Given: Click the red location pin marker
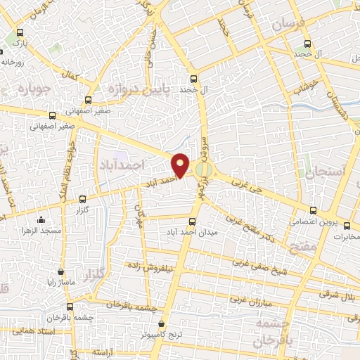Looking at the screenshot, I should [181, 165].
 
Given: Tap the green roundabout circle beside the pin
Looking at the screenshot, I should [204, 169].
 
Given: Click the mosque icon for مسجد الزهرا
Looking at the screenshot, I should [41, 219].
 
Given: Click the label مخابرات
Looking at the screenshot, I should [345, 236].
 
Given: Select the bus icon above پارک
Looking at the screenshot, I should [19, 32].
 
